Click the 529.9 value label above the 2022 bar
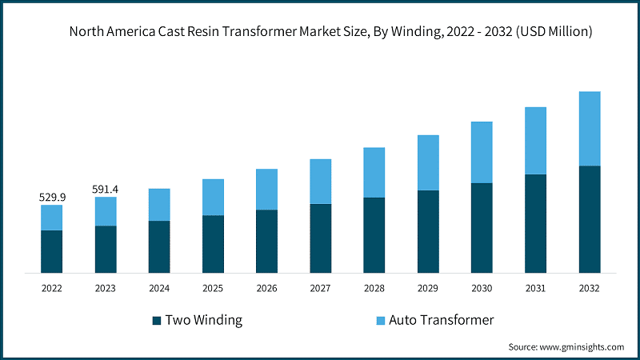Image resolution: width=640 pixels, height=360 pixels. (51, 197)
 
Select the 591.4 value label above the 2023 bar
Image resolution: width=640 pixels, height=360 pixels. (106, 189)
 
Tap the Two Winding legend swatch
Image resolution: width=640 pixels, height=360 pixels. (156, 321)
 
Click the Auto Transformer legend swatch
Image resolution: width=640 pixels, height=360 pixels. (382, 321)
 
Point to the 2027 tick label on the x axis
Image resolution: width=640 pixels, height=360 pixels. (320, 288)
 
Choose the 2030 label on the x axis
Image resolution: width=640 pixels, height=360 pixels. (482, 288)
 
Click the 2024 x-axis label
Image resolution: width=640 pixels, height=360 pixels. (159, 288)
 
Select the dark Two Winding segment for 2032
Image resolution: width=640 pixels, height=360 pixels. (590, 219)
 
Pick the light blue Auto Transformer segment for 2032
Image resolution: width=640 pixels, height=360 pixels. (590, 128)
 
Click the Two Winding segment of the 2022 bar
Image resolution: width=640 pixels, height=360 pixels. (51, 251)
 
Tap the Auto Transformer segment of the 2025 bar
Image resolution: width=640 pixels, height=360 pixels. (213, 197)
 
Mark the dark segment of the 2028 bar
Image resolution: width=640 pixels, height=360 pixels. (374, 235)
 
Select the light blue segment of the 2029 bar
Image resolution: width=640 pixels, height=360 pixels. (428, 162)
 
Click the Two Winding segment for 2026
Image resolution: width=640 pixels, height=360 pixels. (266, 242)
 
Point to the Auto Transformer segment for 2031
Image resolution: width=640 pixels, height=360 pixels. (535, 141)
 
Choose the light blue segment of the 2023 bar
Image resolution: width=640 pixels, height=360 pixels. (106, 211)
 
